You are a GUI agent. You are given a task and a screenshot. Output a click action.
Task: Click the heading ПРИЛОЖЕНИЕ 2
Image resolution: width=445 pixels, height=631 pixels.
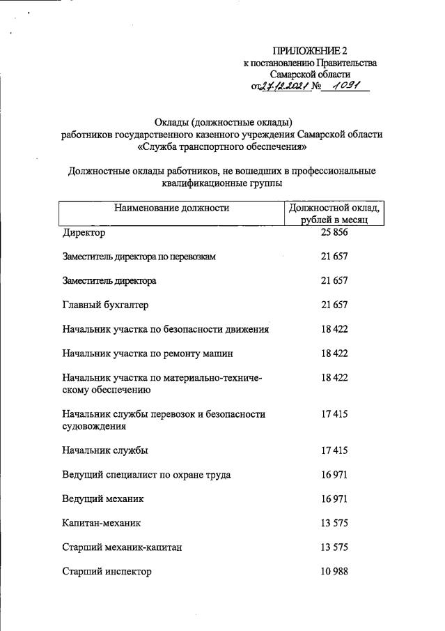tap(309, 51)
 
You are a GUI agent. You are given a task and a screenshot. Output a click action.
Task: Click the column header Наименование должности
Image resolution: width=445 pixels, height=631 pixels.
tap(172, 207)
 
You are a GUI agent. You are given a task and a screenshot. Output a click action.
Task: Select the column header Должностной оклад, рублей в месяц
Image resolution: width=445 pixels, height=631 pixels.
tap(334, 213)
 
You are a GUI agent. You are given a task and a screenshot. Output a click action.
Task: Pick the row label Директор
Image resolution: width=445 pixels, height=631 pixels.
tap(84, 232)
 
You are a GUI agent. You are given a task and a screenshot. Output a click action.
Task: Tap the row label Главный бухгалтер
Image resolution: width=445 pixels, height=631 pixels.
tap(105, 305)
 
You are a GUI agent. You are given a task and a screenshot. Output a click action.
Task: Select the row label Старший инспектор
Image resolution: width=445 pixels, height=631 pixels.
tap(107, 572)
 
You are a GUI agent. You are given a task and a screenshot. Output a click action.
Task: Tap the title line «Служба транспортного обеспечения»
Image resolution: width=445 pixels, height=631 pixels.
tap(221, 147)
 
